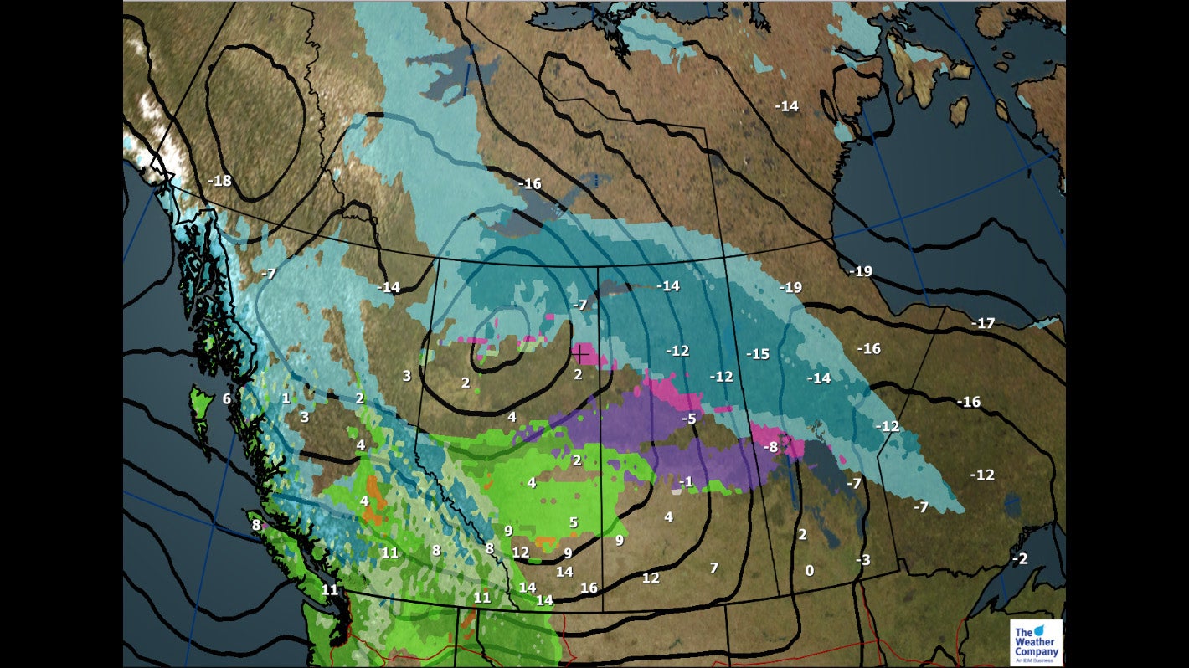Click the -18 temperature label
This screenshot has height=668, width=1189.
(219, 181)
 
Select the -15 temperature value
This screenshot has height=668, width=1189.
(757, 354)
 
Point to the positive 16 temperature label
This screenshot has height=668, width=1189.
(589, 588)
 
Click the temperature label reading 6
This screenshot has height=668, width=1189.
(226, 399)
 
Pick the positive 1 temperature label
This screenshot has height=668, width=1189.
(286, 398)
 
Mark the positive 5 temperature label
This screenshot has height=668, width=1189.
(574, 522)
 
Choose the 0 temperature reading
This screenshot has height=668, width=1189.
(809, 571)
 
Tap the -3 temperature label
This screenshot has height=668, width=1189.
(862, 559)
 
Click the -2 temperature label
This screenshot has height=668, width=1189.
(1019, 558)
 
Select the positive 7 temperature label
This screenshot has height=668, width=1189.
(713, 568)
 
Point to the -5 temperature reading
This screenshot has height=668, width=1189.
(689, 419)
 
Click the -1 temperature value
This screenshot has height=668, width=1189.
(686, 481)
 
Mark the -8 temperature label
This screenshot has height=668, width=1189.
(770, 448)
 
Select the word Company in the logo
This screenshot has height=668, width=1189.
(1037, 651)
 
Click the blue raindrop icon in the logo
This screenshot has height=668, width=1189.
(1041, 629)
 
